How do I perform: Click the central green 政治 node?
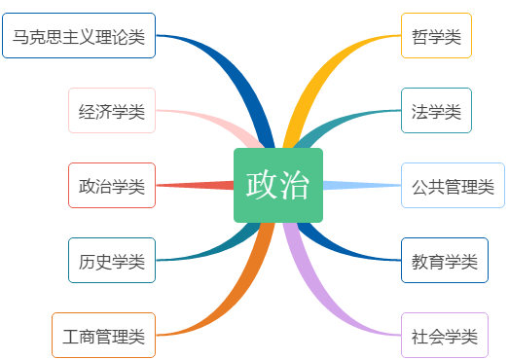[277, 185]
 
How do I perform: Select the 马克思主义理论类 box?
[78, 36]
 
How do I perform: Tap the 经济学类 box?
[112, 110]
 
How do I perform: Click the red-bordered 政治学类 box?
[112, 185]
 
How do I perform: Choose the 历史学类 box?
[112, 260]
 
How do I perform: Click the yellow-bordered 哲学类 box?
[436, 36]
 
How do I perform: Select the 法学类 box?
[436, 110]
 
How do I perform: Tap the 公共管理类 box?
[453, 185]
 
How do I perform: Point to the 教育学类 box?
[444, 260]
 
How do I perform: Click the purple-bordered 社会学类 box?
[444, 336]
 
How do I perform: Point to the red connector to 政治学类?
[195, 185]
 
